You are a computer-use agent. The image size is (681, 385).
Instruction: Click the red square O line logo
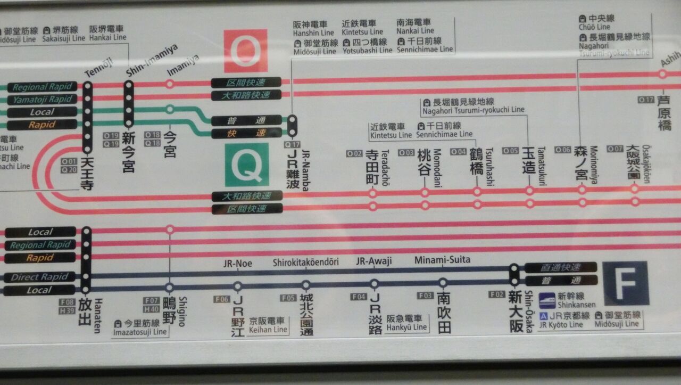245,51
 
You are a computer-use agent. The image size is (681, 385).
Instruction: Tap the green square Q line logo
245,165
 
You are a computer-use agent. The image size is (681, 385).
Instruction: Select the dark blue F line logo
626,283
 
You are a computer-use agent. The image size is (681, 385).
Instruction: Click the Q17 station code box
292,144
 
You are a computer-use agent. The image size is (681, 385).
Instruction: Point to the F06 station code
222,299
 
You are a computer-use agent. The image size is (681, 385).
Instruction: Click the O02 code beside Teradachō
354,153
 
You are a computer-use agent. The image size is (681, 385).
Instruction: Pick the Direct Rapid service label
40,277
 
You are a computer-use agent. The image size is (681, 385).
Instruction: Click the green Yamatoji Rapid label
42,99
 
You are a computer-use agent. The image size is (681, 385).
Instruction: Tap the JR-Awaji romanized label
374,261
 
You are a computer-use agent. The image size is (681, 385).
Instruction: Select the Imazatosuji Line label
140,332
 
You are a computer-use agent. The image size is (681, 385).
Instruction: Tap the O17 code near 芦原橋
646,99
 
